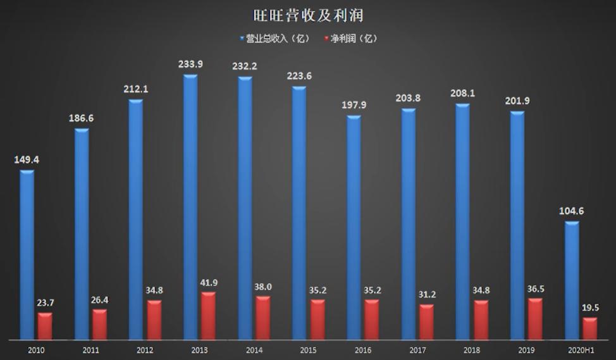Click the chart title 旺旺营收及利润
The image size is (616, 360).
(307, 15)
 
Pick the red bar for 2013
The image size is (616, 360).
(208, 315)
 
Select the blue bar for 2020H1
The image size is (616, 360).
(572, 279)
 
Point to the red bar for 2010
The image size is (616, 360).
(45, 325)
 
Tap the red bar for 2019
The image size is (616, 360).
(535, 318)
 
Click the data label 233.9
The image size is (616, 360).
(190, 65)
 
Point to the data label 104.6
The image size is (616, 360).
(571, 211)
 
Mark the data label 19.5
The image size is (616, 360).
(589, 308)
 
